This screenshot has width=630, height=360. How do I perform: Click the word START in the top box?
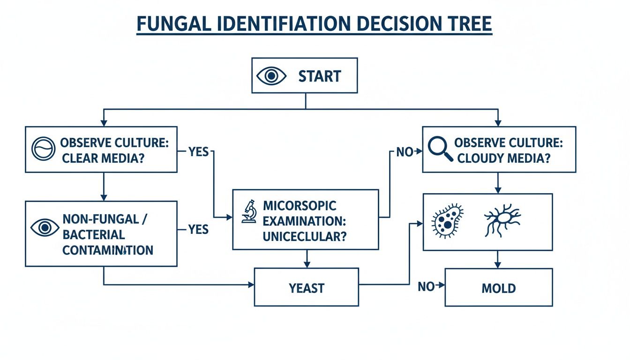pos(319,76)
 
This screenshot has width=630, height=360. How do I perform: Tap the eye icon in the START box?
pos(271,76)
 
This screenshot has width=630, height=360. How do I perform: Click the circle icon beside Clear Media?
pos(44,149)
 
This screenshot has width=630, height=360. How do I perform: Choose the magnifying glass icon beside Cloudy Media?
pos(441,149)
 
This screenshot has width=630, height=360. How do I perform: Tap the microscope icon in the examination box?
pos(249,212)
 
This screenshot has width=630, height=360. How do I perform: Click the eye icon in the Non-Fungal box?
pos(45,228)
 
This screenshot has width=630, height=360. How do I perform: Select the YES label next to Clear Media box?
pos(198,152)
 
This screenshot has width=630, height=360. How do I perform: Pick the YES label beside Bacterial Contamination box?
pos(198,229)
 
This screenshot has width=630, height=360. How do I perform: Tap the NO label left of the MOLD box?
pos(426,286)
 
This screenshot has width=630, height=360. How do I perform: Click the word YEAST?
pos(307,288)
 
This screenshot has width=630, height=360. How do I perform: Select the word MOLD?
pos(499,288)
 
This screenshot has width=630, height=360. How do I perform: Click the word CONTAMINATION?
pos(108,250)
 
